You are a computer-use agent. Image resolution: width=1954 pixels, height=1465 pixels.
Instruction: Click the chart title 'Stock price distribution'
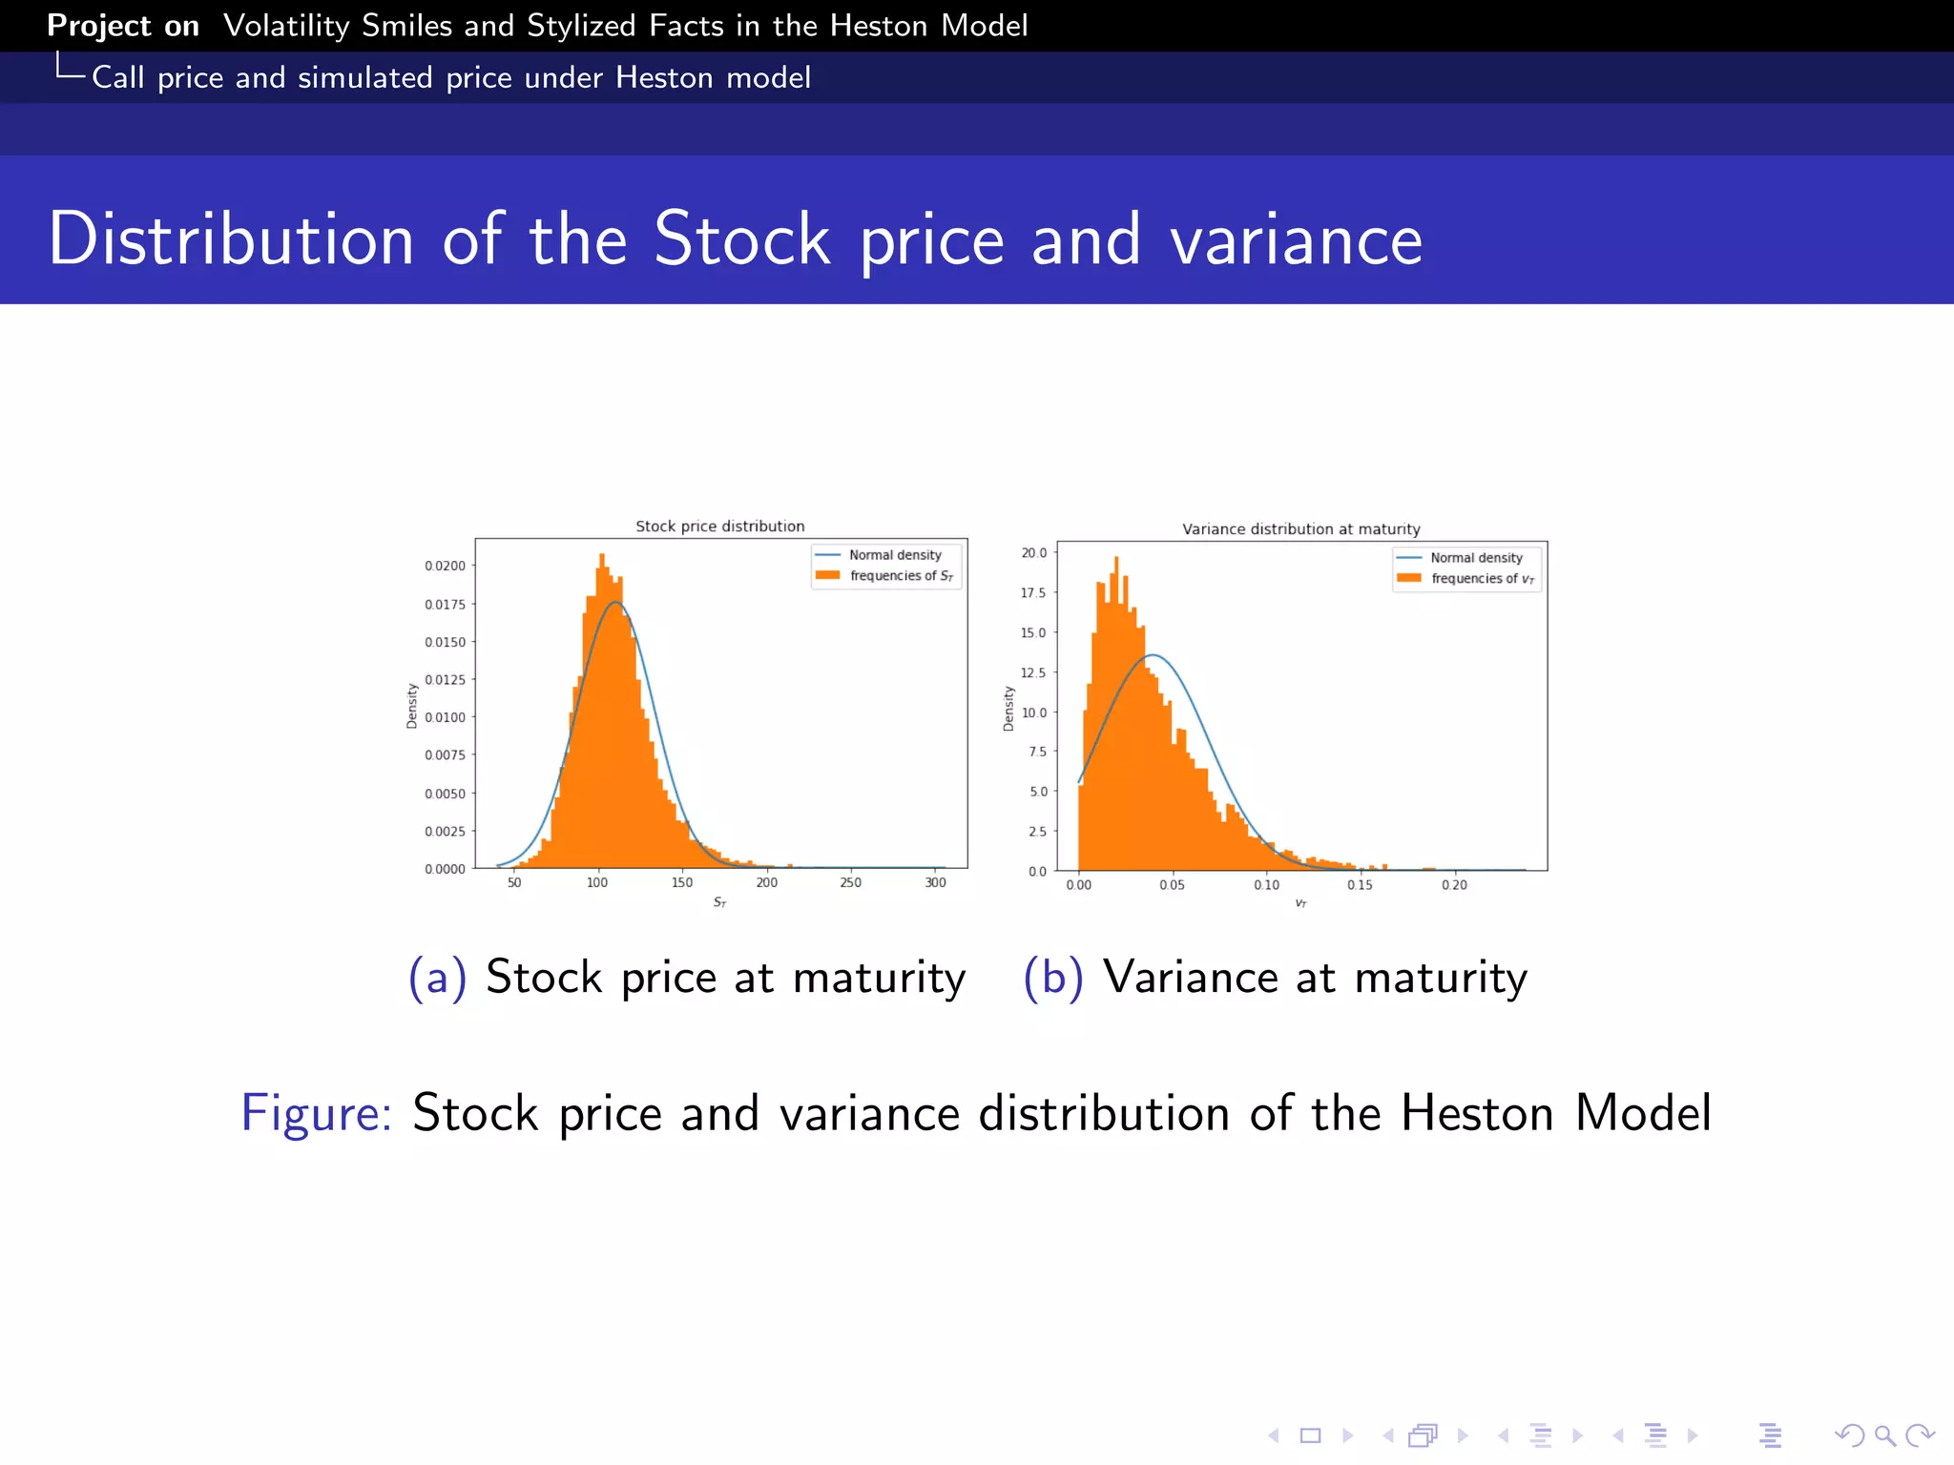(x=719, y=526)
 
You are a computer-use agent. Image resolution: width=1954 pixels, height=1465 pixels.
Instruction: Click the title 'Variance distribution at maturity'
(x=1300, y=529)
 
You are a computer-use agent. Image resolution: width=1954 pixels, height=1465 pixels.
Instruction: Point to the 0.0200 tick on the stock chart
(x=445, y=566)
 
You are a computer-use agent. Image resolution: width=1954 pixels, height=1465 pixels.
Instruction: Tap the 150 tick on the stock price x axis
(x=681, y=882)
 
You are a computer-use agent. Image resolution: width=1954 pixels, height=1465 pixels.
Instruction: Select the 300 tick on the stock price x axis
(x=935, y=882)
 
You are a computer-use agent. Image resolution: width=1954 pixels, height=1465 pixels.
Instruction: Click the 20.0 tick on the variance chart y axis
(x=1033, y=553)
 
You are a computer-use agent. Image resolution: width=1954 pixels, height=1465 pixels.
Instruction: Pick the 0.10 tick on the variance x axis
(x=1266, y=885)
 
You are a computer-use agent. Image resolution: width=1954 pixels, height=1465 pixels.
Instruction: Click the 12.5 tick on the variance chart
(x=1033, y=672)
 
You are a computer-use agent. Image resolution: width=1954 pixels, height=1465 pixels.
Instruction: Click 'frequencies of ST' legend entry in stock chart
(x=900, y=576)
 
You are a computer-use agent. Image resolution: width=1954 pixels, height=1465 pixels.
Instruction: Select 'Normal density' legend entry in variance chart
(x=1475, y=558)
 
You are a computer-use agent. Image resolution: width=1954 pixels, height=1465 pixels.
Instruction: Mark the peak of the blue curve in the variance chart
(x=1154, y=655)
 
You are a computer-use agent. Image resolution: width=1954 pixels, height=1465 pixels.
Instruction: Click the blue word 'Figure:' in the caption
(x=316, y=1113)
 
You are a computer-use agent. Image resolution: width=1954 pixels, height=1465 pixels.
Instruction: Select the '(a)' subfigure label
(x=437, y=978)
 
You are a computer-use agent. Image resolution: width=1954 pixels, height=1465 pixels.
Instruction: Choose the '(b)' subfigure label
(x=1052, y=978)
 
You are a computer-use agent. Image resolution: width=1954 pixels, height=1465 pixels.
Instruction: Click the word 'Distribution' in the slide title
(x=231, y=238)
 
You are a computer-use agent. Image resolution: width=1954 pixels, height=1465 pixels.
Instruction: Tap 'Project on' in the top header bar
(x=123, y=26)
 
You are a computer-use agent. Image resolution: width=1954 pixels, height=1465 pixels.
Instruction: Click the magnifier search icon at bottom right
(x=1884, y=1435)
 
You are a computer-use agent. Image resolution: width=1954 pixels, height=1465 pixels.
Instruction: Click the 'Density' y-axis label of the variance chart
(x=1008, y=709)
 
